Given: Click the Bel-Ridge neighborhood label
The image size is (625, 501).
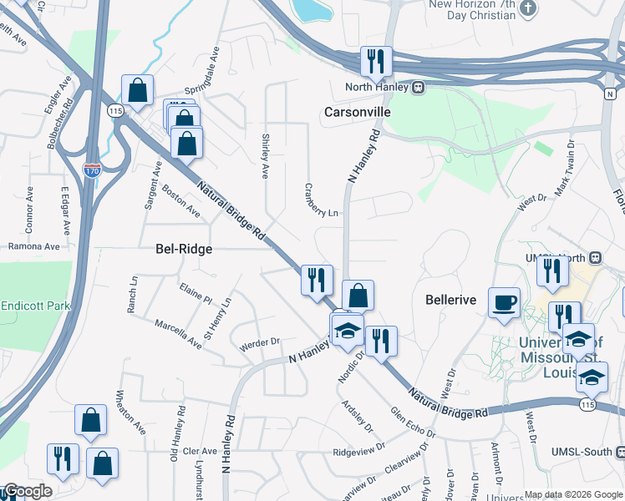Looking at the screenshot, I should [184, 249].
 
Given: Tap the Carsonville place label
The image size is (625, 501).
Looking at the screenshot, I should [358, 112].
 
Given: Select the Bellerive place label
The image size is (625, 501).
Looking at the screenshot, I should [450, 299].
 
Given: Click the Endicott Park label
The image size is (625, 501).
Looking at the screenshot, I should [35, 306].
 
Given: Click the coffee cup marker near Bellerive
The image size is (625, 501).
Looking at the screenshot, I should [504, 302].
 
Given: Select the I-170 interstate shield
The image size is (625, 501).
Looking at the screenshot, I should [92, 170].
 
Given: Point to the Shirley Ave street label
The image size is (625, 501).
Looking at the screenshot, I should [266, 156].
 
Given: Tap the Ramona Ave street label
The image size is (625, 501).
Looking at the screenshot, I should [34, 246].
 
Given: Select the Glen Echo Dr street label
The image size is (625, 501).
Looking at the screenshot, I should [413, 423].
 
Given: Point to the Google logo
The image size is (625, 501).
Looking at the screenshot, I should [27, 491].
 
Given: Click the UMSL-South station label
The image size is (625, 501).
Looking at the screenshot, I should [581, 452].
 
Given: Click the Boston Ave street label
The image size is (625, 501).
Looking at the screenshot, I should [181, 201].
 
